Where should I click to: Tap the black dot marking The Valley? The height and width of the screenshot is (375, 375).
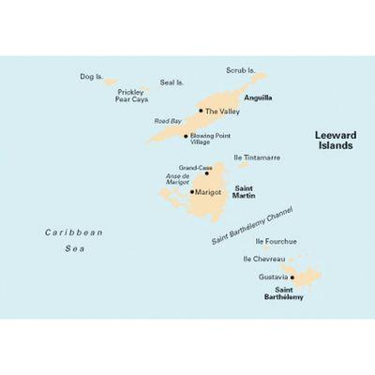pos(200,111)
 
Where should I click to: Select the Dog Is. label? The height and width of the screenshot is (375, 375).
pos(92,76)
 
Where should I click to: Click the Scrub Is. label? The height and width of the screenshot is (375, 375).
pos(241,70)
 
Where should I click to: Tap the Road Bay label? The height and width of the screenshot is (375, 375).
pos(168,121)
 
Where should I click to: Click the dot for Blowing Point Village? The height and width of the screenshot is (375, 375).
pos(186,136)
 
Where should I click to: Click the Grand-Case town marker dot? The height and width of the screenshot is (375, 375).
pos(206,172)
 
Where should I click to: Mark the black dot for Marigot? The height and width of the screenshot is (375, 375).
pos(192,192)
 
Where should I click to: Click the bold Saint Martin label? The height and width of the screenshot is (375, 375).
pos(248,192)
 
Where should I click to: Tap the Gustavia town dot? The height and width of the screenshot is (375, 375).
pos(292,277)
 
